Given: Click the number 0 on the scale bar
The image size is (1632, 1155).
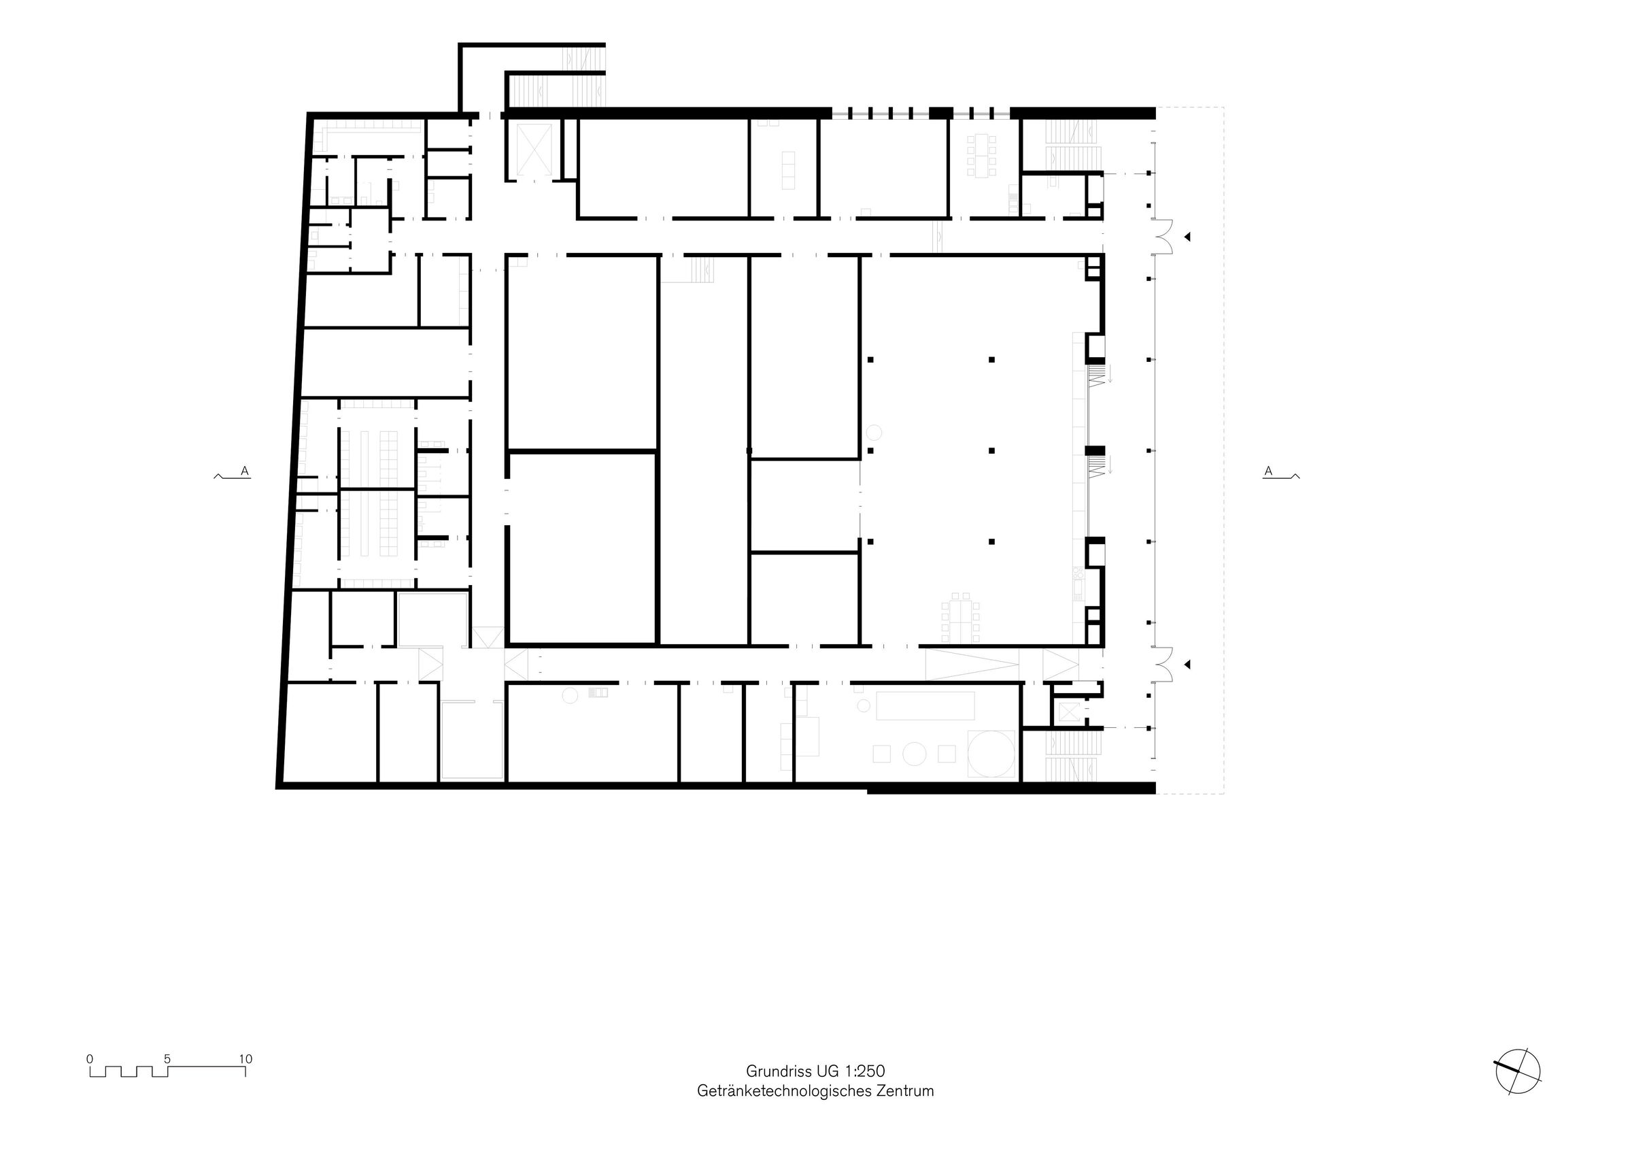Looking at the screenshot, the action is click(90, 1059).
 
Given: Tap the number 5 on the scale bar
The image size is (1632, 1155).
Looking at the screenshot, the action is click(167, 1059).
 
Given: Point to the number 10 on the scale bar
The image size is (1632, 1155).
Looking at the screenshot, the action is click(245, 1059).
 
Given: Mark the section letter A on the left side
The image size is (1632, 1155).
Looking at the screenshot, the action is click(245, 471).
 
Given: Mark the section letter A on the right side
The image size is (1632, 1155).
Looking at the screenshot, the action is click(1268, 471).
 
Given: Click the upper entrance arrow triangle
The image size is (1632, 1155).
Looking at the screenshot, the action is click(1187, 237).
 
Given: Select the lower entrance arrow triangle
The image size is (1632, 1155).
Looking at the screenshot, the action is click(1187, 665).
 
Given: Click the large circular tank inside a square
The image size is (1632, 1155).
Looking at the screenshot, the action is click(991, 753).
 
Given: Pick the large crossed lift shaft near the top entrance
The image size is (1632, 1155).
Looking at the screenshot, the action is click(534, 150).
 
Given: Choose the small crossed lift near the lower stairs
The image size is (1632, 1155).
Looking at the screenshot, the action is click(1068, 712).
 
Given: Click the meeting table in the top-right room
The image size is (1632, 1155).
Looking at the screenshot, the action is click(982, 156).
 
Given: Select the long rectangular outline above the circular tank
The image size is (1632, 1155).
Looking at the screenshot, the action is click(925, 705).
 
